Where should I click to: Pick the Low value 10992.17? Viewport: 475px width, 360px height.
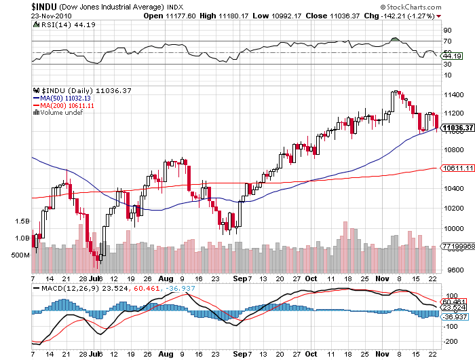[281, 15]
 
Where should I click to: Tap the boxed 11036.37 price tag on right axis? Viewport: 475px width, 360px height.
[456, 127]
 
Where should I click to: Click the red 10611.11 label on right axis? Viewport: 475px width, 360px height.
[456, 167]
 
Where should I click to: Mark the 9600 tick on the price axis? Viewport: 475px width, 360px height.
[449, 270]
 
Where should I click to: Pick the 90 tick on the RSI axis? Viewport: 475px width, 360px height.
[447, 30]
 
